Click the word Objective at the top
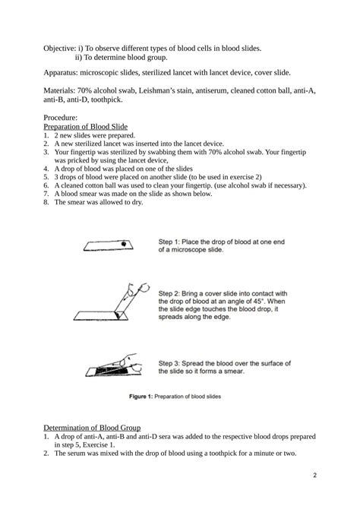point(60,49)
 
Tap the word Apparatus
point(60,73)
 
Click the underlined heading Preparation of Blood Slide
point(85,127)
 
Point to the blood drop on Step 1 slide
point(123,243)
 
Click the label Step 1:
point(169,242)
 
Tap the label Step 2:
point(169,293)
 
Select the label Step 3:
point(169,363)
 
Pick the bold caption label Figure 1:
point(141,397)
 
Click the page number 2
point(314,476)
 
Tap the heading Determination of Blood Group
point(92,428)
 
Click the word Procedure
point(60,118)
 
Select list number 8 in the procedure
point(46,202)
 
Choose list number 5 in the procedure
point(46,177)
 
